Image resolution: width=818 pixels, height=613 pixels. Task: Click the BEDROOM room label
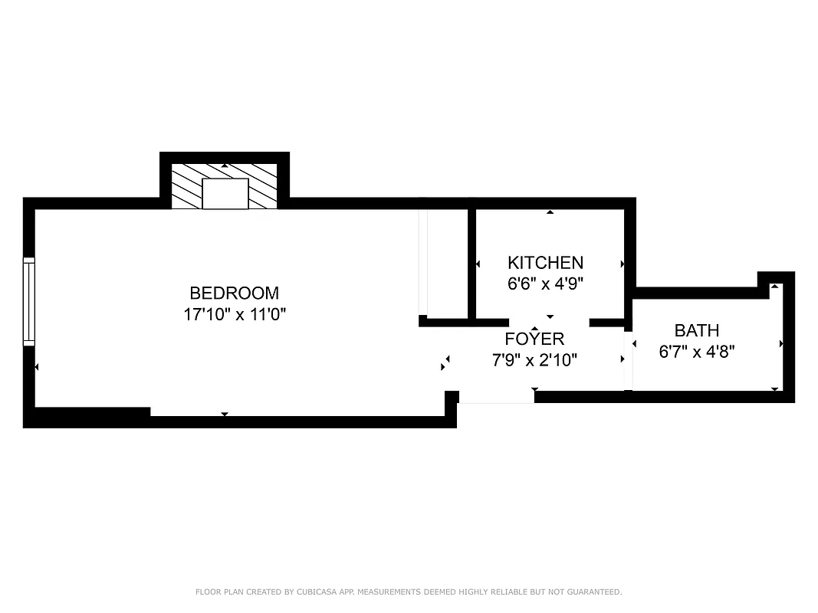234,293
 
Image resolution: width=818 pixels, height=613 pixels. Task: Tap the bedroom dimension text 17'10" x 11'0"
234,313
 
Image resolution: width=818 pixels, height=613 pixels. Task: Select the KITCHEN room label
545,263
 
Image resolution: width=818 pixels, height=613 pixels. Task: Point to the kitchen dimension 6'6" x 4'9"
545,284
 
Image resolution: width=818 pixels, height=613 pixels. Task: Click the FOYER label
534,339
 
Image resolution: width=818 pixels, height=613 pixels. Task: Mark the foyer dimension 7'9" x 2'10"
534,359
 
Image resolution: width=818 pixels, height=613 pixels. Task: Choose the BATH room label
696,330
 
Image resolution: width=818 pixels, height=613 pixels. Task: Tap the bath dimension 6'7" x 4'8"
696,352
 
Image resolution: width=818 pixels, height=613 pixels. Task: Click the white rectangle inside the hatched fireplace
225,193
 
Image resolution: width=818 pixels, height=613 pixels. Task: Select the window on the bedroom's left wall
29,301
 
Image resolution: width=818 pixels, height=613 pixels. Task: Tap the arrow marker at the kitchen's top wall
550,211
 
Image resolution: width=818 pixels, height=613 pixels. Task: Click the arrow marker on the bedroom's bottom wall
225,415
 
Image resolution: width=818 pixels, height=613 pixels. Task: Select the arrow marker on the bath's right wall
780,344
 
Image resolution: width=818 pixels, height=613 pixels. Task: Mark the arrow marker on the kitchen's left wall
478,264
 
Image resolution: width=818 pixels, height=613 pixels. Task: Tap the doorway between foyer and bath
629,359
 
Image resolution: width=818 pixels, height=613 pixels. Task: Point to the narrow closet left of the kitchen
446,262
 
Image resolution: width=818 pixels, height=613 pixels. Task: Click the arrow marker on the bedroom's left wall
37,368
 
